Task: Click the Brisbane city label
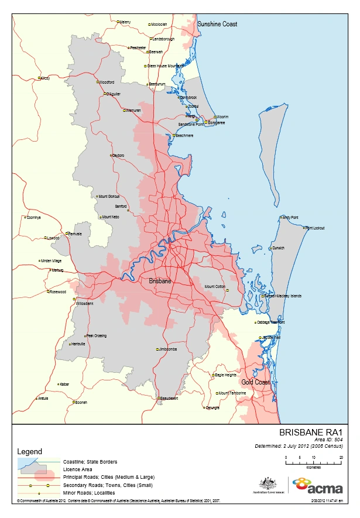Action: coord(160,282)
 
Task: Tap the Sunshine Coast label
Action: coord(217,24)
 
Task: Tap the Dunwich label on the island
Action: coord(278,248)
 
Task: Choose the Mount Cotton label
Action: coord(215,287)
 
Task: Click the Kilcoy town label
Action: coord(45,78)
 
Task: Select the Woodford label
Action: coord(107,83)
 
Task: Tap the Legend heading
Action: coord(29,452)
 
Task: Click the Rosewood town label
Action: coord(58,291)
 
